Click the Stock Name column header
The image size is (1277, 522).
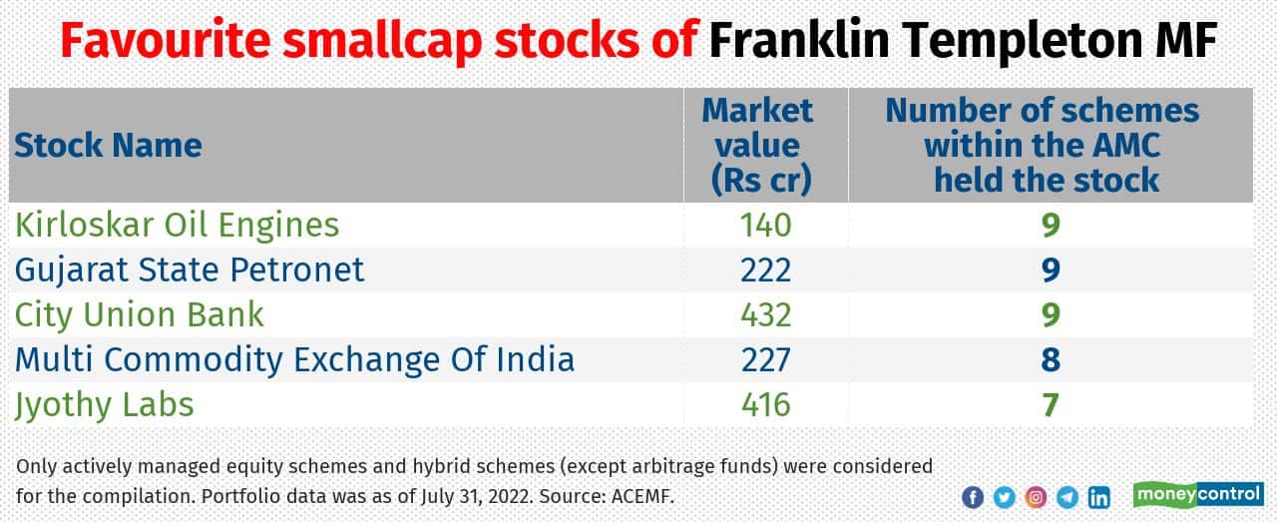109,146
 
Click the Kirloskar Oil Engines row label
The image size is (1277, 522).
178,225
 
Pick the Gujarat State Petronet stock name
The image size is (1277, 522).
190,269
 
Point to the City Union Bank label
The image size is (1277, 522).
140,314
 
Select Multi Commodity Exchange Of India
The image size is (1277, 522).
294,359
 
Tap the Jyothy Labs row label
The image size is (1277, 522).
105,405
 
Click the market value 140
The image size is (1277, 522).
764,225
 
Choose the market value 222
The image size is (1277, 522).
764,269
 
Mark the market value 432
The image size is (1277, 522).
764,314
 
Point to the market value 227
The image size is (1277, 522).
764,359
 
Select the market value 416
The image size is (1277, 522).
764,405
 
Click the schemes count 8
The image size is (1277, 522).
1050,359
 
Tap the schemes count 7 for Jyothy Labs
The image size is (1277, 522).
1050,405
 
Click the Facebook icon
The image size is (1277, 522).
973,496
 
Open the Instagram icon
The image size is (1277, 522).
1037,496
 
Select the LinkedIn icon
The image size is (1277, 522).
1098,496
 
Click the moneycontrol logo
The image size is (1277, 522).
1198,494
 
